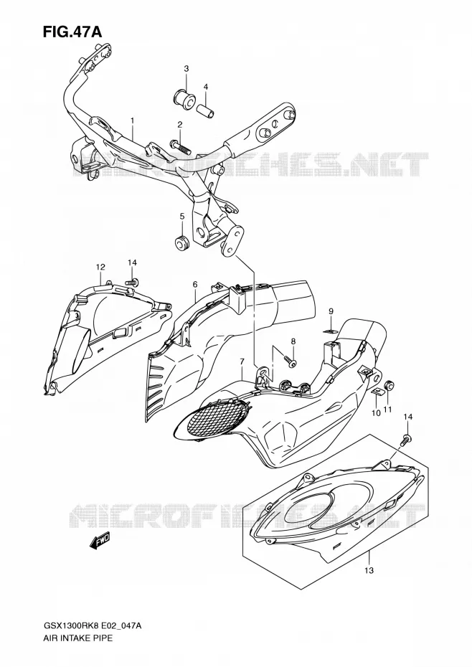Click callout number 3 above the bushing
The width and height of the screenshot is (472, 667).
(186, 68)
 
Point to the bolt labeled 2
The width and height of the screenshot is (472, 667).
(179, 146)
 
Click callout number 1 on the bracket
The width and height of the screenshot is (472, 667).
(133, 120)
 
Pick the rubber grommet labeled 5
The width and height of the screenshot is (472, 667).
(183, 242)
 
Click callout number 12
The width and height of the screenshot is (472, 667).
(100, 267)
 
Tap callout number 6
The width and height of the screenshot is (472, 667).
(195, 284)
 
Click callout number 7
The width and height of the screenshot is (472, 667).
(242, 361)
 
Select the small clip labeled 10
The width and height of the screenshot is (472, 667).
(376, 392)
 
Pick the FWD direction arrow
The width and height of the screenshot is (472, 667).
(100, 541)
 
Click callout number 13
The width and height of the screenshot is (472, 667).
(369, 570)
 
